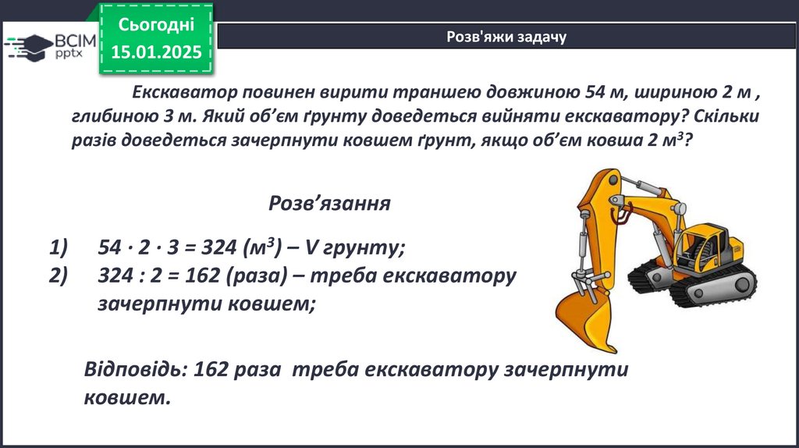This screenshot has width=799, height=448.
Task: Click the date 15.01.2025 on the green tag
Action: point(156,52)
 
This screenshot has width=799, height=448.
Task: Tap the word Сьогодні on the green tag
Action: point(156,24)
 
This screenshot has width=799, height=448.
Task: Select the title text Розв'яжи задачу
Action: point(506,37)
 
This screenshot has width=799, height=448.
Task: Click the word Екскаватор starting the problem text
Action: point(184,92)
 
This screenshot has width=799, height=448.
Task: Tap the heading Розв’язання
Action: point(330,204)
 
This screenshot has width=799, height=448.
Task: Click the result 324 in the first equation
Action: point(219,247)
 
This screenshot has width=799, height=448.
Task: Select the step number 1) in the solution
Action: point(58,247)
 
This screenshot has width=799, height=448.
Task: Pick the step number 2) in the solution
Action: point(58,276)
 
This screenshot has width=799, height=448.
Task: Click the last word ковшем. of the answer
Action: point(127,397)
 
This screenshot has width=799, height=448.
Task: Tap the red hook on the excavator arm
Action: point(622,214)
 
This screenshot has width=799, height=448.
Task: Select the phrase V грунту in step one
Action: point(354,247)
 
